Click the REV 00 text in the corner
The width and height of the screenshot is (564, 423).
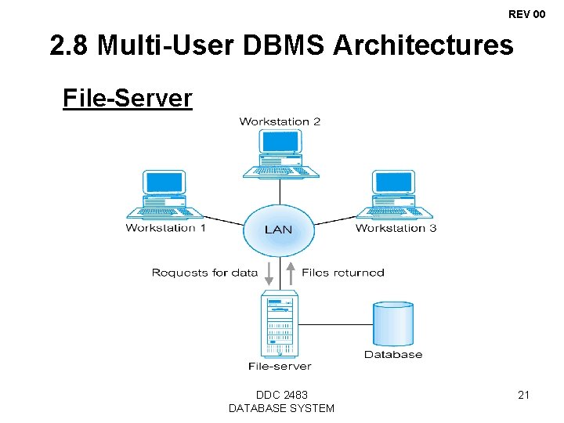click(526, 14)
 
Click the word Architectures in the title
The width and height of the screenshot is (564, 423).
click(423, 46)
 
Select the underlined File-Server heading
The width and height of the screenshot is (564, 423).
click(127, 99)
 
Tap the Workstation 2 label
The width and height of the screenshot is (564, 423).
click(280, 121)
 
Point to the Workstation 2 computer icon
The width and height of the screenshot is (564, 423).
click(280, 154)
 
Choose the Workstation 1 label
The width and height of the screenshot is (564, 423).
click(165, 228)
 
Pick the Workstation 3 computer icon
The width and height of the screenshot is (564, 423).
click(394, 195)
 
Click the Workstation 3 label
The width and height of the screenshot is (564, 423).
click(396, 228)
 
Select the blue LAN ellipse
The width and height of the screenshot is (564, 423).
click(278, 229)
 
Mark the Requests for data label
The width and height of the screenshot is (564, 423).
click(204, 273)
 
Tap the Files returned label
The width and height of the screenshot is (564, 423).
click(343, 273)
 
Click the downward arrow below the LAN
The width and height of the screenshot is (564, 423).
click(268, 273)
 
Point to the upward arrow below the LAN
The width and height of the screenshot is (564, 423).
click(290, 273)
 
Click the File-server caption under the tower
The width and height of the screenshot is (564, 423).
click(280, 366)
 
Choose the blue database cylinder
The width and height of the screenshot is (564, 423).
click(393, 324)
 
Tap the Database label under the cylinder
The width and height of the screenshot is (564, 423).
click(393, 354)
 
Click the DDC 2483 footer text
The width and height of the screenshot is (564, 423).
click(281, 395)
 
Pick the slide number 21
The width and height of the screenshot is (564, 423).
click(523, 396)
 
